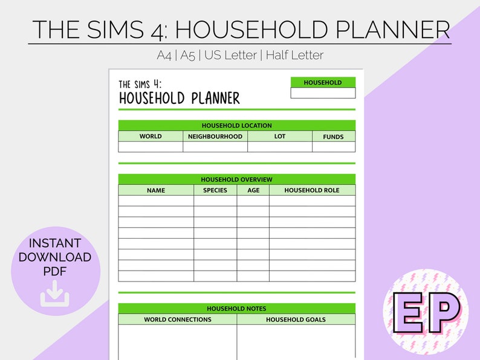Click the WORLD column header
pyautogui.click(x=151, y=137)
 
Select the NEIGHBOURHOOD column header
pyautogui.click(x=215, y=137)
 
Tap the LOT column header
pyautogui.click(x=280, y=137)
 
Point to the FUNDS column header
pyautogui.click(x=333, y=137)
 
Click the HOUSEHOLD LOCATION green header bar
pyautogui.click(x=236, y=126)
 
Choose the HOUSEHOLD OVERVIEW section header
pyautogui.click(x=236, y=179)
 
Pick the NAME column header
pyautogui.click(x=156, y=190)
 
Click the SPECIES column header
pyautogui.click(x=215, y=190)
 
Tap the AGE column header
pyautogui.click(x=253, y=190)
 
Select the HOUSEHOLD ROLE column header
pyautogui.click(x=312, y=190)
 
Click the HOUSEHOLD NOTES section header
pyautogui.click(x=236, y=309)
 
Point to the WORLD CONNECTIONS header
pyautogui.click(x=178, y=320)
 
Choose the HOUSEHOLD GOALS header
pyautogui.click(x=296, y=320)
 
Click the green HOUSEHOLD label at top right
pyautogui.click(x=323, y=83)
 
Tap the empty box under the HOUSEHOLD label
pyautogui.click(x=323, y=93)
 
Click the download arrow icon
pyautogui.click(x=55, y=297)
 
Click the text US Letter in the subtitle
pyautogui.click(x=231, y=55)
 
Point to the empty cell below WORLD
pyautogui.click(x=151, y=147)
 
